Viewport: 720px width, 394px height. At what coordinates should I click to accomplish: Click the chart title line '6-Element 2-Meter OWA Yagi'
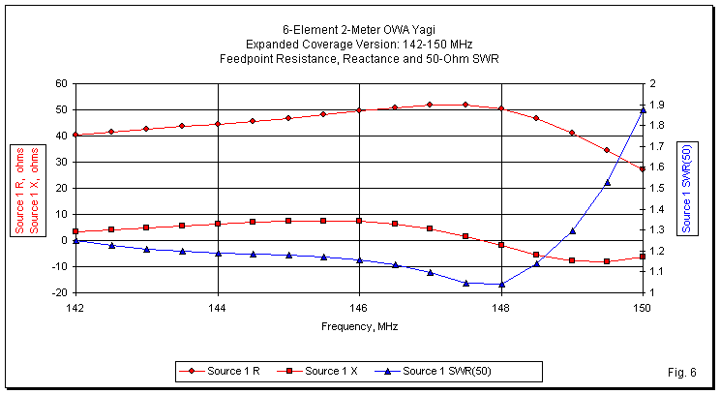click(x=359, y=30)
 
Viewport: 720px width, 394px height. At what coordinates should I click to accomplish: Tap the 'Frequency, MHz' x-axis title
click(x=359, y=326)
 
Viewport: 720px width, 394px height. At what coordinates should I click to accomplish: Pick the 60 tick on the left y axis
click(x=59, y=83)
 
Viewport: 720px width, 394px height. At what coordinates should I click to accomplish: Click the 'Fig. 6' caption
click(x=682, y=372)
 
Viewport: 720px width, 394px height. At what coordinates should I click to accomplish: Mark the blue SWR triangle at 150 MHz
click(x=643, y=110)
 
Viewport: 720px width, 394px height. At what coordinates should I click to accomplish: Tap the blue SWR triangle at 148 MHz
click(x=501, y=285)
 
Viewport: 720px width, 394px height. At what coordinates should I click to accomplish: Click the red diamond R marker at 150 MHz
click(x=643, y=169)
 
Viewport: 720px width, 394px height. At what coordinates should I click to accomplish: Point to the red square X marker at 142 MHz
click(x=75, y=231)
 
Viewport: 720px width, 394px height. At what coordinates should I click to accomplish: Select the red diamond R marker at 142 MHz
click(x=75, y=135)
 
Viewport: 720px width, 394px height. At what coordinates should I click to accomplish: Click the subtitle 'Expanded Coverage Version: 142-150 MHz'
click(x=359, y=45)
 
